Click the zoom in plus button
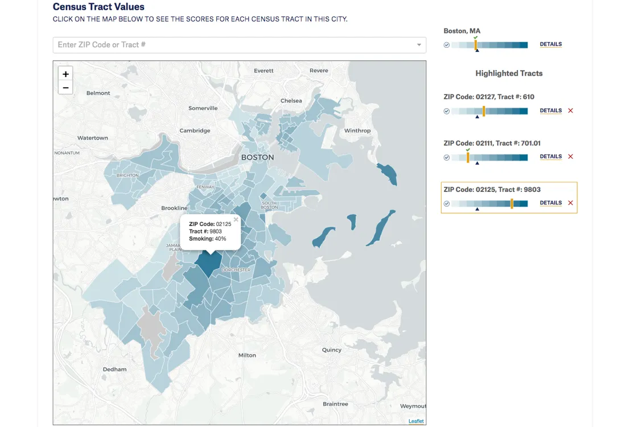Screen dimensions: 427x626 (65, 74)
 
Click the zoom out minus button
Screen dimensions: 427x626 (65, 88)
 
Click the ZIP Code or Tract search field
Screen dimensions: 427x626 (233, 45)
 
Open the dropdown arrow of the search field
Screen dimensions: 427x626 (419, 45)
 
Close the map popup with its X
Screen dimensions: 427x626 (236, 220)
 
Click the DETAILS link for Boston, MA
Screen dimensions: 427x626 (550, 44)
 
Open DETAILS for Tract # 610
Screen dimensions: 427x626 (550, 111)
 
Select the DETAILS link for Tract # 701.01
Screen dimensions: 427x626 (550, 157)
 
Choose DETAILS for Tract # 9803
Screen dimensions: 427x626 (550, 203)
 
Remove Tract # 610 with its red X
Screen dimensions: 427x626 (570, 111)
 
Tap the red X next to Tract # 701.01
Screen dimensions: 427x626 (570, 157)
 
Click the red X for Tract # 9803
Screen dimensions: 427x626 (570, 203)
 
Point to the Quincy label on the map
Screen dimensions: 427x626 (331, 350)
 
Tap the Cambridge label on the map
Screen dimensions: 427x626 (195, 130)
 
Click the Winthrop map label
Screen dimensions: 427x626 (357, 130)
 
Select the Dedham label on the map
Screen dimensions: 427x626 (114, 369)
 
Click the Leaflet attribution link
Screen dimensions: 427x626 (416, 421)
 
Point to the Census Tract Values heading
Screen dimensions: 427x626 (98, 7)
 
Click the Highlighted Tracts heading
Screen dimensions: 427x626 (509, 73)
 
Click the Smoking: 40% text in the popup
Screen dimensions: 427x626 (207, 239)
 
